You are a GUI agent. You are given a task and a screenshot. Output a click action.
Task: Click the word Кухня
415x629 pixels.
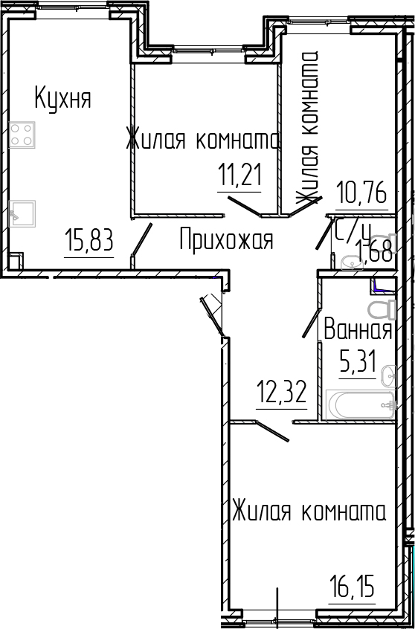(62, 98)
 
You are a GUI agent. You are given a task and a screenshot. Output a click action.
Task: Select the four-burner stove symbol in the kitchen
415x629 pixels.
(22, 135)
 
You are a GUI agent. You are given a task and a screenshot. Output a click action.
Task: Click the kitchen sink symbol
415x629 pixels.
(22, 213)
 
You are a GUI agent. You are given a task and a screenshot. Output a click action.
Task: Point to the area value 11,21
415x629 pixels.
(239, 176)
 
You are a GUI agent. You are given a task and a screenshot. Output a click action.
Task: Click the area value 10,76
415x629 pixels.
(361, 195)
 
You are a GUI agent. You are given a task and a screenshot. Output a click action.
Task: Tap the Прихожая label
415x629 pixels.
(226, 239)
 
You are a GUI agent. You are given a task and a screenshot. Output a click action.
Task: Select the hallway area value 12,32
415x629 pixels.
(281, 393)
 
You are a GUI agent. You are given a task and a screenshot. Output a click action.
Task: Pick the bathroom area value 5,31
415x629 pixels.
(358, 363)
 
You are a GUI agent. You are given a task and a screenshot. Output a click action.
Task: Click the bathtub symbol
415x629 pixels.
(360, 404)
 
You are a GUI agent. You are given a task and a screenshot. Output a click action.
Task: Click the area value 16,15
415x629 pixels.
(352, 599)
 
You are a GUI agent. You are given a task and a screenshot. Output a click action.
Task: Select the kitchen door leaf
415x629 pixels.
(142, 239)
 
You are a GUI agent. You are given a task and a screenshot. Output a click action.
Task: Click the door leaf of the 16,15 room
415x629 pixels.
(272, 430)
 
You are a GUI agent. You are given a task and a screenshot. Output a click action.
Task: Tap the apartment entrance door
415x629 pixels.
(212, 316)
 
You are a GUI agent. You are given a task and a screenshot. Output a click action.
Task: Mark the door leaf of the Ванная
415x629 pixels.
(311, 323)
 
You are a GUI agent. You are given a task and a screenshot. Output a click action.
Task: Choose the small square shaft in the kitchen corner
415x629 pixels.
(16, 261)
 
